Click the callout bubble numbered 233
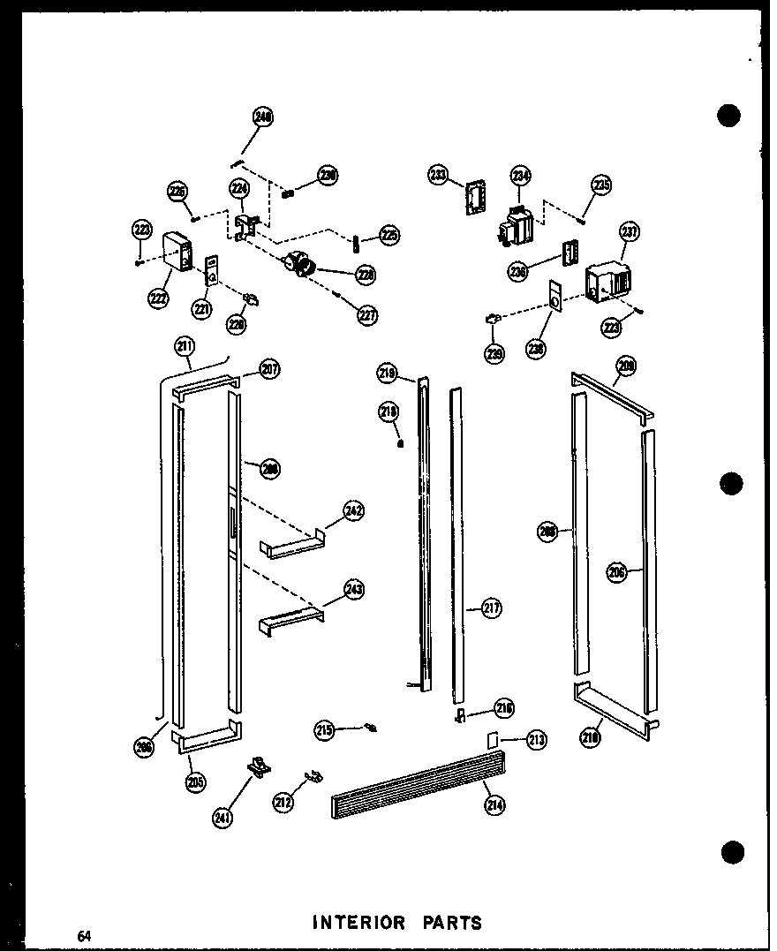click(x=439, y=175)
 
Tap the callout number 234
click(x=520, y=176)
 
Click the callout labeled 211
click(x=185, y=347)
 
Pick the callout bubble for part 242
click(x=354, y=511)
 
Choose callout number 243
click(x=354, y=590)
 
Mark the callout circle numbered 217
click(x=492, y=608)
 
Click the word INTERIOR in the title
click(x=359, y=923)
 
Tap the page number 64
click(x=84, y=936)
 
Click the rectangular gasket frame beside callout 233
click(x=478, y=197)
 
